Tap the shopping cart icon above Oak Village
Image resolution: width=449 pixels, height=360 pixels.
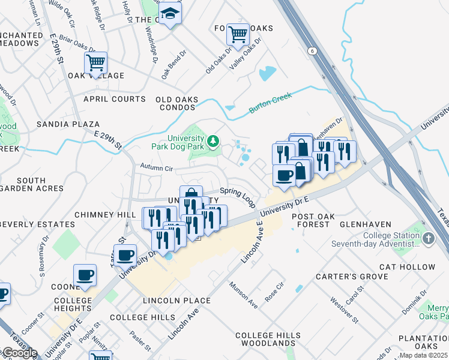click(96, 61)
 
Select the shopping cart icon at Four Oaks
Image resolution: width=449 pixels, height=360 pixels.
click(238, 34)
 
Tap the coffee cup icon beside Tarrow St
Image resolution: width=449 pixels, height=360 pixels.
click(125, 255)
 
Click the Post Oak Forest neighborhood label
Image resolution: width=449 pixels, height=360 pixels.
click(310, 220)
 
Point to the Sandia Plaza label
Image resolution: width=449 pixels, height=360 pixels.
click(68, 124)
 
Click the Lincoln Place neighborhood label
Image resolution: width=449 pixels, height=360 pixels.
click(176, 300)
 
